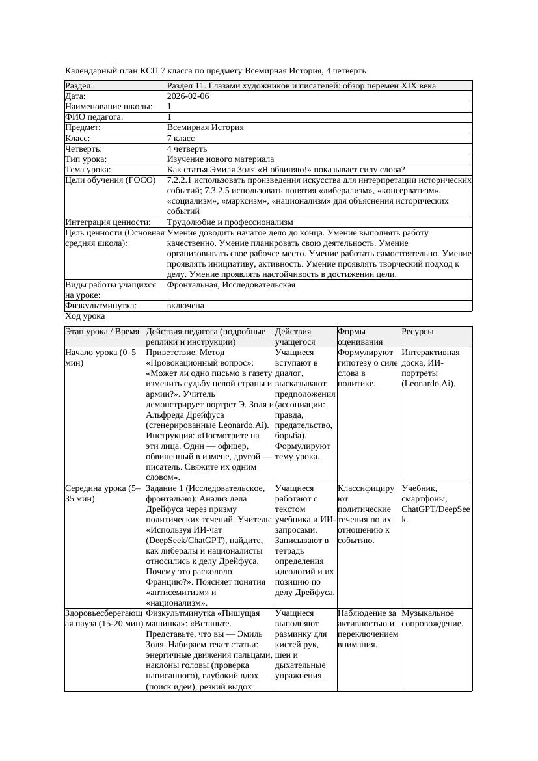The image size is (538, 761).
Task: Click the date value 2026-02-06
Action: pos(188,96)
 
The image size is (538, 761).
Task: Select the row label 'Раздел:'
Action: pos(79,86)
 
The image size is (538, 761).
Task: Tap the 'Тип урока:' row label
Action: pos(86,159)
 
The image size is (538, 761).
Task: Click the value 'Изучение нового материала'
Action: pos(220,159)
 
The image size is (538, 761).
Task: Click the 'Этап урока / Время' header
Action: pos(102,332)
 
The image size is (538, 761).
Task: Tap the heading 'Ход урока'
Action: pos(85,316)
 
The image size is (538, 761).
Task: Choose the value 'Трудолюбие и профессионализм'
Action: pos(230,222)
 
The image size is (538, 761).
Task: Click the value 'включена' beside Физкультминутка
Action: pos(185,306)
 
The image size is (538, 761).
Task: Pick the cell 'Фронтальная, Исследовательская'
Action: pos(231,285)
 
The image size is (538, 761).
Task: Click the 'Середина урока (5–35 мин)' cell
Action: pos(103,493)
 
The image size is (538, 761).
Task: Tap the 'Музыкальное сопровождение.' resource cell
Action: pos(432,618)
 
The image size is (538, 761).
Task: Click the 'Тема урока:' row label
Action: pos(88,170)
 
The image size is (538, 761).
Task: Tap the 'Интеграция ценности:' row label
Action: pos(103,222)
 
